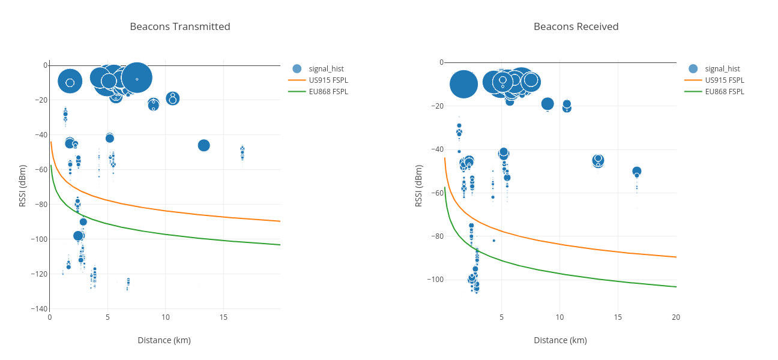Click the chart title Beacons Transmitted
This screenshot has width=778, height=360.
click(180, 26)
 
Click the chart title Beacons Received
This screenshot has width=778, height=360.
click(576, 26)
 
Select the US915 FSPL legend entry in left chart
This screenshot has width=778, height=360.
click(328, 80)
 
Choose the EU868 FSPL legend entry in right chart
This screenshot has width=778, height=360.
click(724, 92)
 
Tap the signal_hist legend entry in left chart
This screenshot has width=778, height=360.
click(326, 68)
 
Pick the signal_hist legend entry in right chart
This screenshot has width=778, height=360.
click(722, 68)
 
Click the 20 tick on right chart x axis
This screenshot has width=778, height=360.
click(676, 317)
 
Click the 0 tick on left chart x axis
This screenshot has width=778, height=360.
click(50, 317)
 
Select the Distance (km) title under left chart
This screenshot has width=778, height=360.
click(164, 340)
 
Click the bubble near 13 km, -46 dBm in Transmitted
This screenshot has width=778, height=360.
click(204, 145)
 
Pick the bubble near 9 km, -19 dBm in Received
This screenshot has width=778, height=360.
click(547, 104)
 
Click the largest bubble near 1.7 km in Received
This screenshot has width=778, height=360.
click(463, 84)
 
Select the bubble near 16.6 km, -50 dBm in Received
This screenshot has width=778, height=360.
click(637, 171)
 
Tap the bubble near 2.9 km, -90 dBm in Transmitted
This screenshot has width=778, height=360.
click(83, 222)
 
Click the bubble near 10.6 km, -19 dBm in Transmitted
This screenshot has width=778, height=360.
click(173, 98)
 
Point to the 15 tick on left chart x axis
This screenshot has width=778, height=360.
click(223, 317)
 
